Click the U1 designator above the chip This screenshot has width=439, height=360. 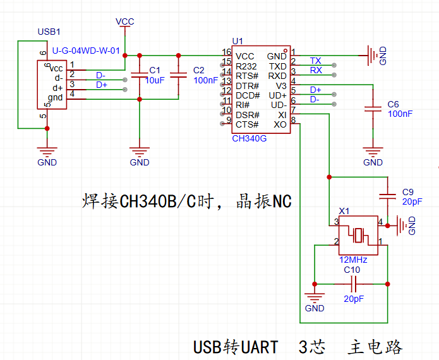(x=238, y=41)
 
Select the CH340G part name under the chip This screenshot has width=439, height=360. (x=249, y=138)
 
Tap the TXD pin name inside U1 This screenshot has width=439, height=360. (x=278, y=66)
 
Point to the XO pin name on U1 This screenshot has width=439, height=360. (x=280, y=124)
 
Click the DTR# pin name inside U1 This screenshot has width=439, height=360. (x=247, y=86)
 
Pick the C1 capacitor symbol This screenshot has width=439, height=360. (x=140, y=75)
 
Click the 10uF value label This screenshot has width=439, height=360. (x=155, y=80)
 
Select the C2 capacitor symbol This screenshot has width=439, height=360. (x=178, y=75)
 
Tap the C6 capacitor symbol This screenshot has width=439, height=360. (x=373, y=109)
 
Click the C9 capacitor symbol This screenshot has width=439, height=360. (x=387, y=196)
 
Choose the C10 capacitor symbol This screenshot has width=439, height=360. (x=354, y=284)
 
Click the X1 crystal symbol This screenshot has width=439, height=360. (x=358, y=236)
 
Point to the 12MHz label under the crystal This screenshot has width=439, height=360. (x=353, y=260)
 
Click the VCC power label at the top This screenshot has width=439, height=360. (x=125, y=21)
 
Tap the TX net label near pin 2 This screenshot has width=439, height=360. (x=316, y=61)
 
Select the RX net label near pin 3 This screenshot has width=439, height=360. (x=316, y=70)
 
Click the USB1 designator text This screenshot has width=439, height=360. (x=49, y=32)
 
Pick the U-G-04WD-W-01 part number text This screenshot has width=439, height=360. (x=86, y=51)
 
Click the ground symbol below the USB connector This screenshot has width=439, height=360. (x=47, y=152)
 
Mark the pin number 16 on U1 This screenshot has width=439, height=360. (x=227, y=52)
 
